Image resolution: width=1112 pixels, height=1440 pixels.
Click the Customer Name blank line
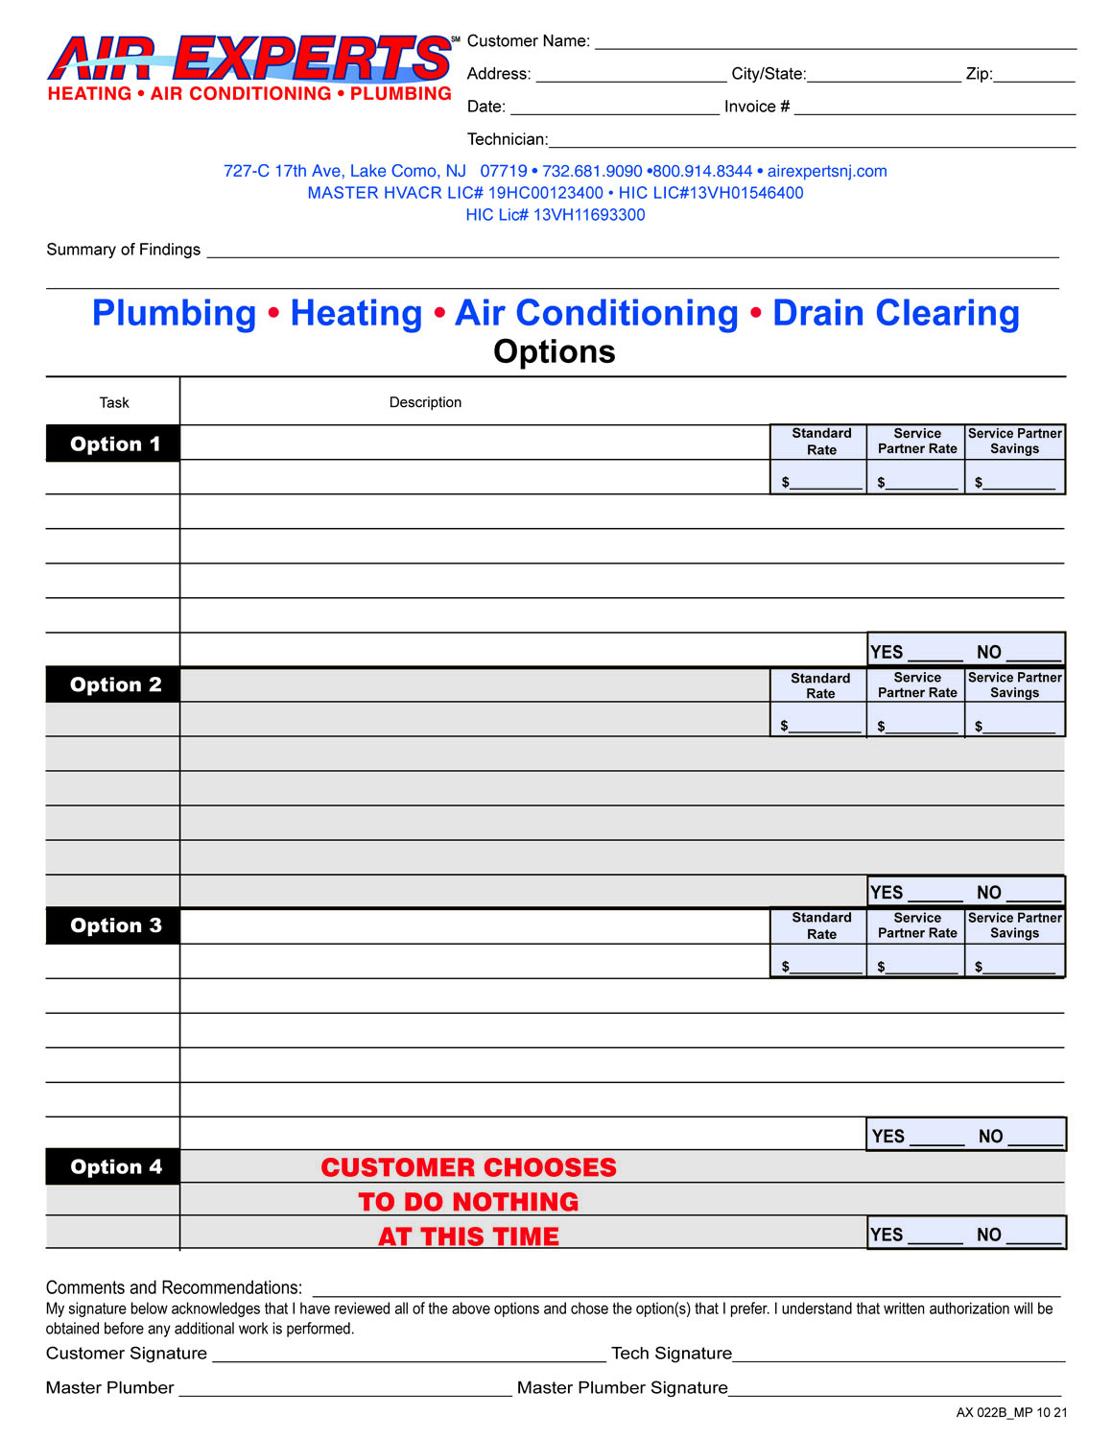(835, 43)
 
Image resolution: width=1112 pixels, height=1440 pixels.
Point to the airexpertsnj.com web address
(827, 171)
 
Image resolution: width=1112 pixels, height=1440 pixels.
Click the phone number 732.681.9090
(592, 171)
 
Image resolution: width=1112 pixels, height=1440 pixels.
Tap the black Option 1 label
(114, 444)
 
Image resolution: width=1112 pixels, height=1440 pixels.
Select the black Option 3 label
(114, 925)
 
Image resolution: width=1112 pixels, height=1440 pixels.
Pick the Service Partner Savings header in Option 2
(1014, 684)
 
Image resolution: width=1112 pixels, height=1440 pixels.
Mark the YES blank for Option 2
(935, 894)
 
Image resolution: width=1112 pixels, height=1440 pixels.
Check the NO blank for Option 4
(1033, 1236)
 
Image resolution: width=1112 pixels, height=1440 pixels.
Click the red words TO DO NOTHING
(468, 1202)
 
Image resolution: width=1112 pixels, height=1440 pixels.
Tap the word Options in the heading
(555, 351)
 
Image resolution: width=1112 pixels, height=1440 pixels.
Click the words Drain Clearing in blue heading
(896, 313)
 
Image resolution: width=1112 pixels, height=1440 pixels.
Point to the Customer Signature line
(409, 1355)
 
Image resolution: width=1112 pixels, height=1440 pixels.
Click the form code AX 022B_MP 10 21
(1011, 1412)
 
